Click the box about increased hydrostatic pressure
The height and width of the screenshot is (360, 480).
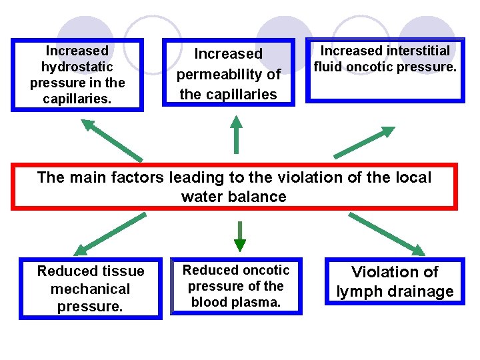click(77, 75)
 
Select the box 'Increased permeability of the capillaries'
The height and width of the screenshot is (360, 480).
click(229, 73)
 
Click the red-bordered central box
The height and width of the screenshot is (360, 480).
click(234, 187)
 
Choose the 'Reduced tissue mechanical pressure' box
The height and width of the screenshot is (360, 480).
click(91, 289)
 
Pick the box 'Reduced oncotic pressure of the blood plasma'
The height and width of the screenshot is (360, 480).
click(236, 286)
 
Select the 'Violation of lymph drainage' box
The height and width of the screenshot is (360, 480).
click(395, 281)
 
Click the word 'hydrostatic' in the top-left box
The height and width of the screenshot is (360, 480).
click(77, 67)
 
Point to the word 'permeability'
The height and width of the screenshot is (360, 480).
click(229, 74)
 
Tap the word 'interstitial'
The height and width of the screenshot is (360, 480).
click(418, 51)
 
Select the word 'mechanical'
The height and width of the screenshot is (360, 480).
click(90, 289)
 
